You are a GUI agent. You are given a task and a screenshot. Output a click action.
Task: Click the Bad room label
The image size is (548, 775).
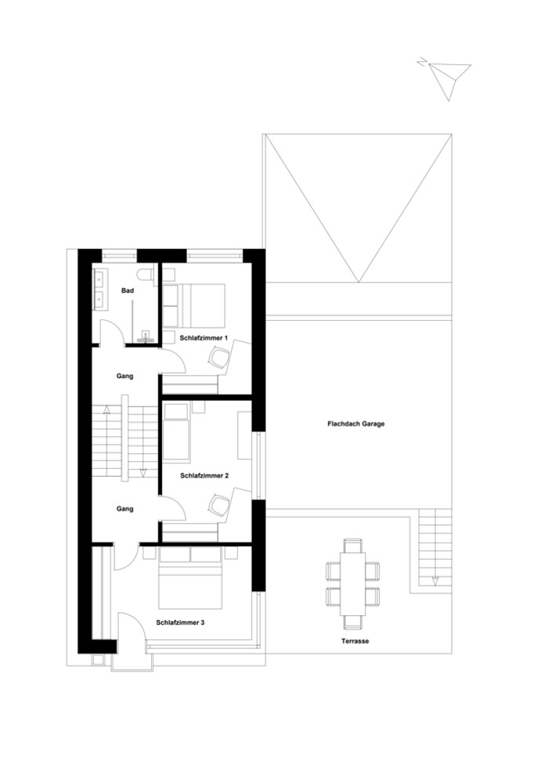128,290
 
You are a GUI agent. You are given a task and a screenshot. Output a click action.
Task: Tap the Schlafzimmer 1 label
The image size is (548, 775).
204,338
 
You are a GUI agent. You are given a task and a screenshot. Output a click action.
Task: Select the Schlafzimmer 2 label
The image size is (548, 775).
204,476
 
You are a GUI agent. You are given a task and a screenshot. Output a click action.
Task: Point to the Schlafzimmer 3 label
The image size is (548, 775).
180,623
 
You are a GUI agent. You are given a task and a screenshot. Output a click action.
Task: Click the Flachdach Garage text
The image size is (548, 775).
355,424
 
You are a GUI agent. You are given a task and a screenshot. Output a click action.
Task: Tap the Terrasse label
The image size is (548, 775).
355,641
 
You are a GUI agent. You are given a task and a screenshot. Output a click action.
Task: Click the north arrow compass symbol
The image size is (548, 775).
446,78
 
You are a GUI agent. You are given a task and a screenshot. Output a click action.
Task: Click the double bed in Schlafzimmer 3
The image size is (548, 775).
190,579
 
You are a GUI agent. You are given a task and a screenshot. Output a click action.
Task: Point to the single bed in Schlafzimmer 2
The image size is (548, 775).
176,431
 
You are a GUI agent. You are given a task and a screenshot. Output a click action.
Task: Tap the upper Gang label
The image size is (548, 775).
125,376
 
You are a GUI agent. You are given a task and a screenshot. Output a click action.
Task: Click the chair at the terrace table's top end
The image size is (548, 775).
353,546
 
